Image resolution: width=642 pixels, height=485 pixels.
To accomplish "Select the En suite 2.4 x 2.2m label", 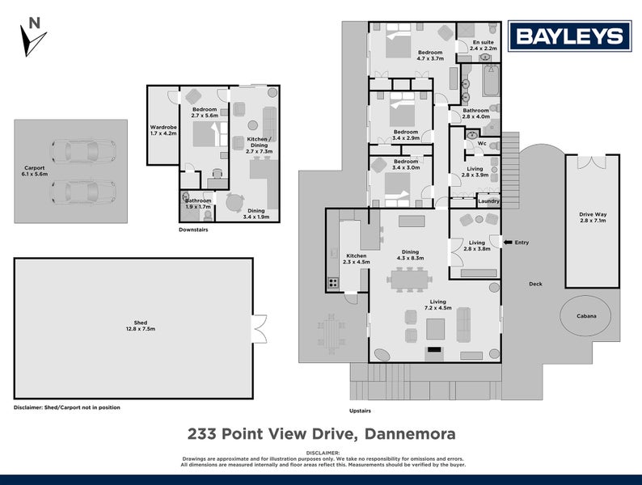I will [x=483, y=45].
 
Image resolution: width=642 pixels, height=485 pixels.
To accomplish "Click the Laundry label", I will [x=488, y=200].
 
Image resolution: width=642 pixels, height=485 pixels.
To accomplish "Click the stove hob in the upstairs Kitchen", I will [x=332, y=283].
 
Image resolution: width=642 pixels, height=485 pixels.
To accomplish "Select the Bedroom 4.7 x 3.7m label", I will [x=430, y=56].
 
